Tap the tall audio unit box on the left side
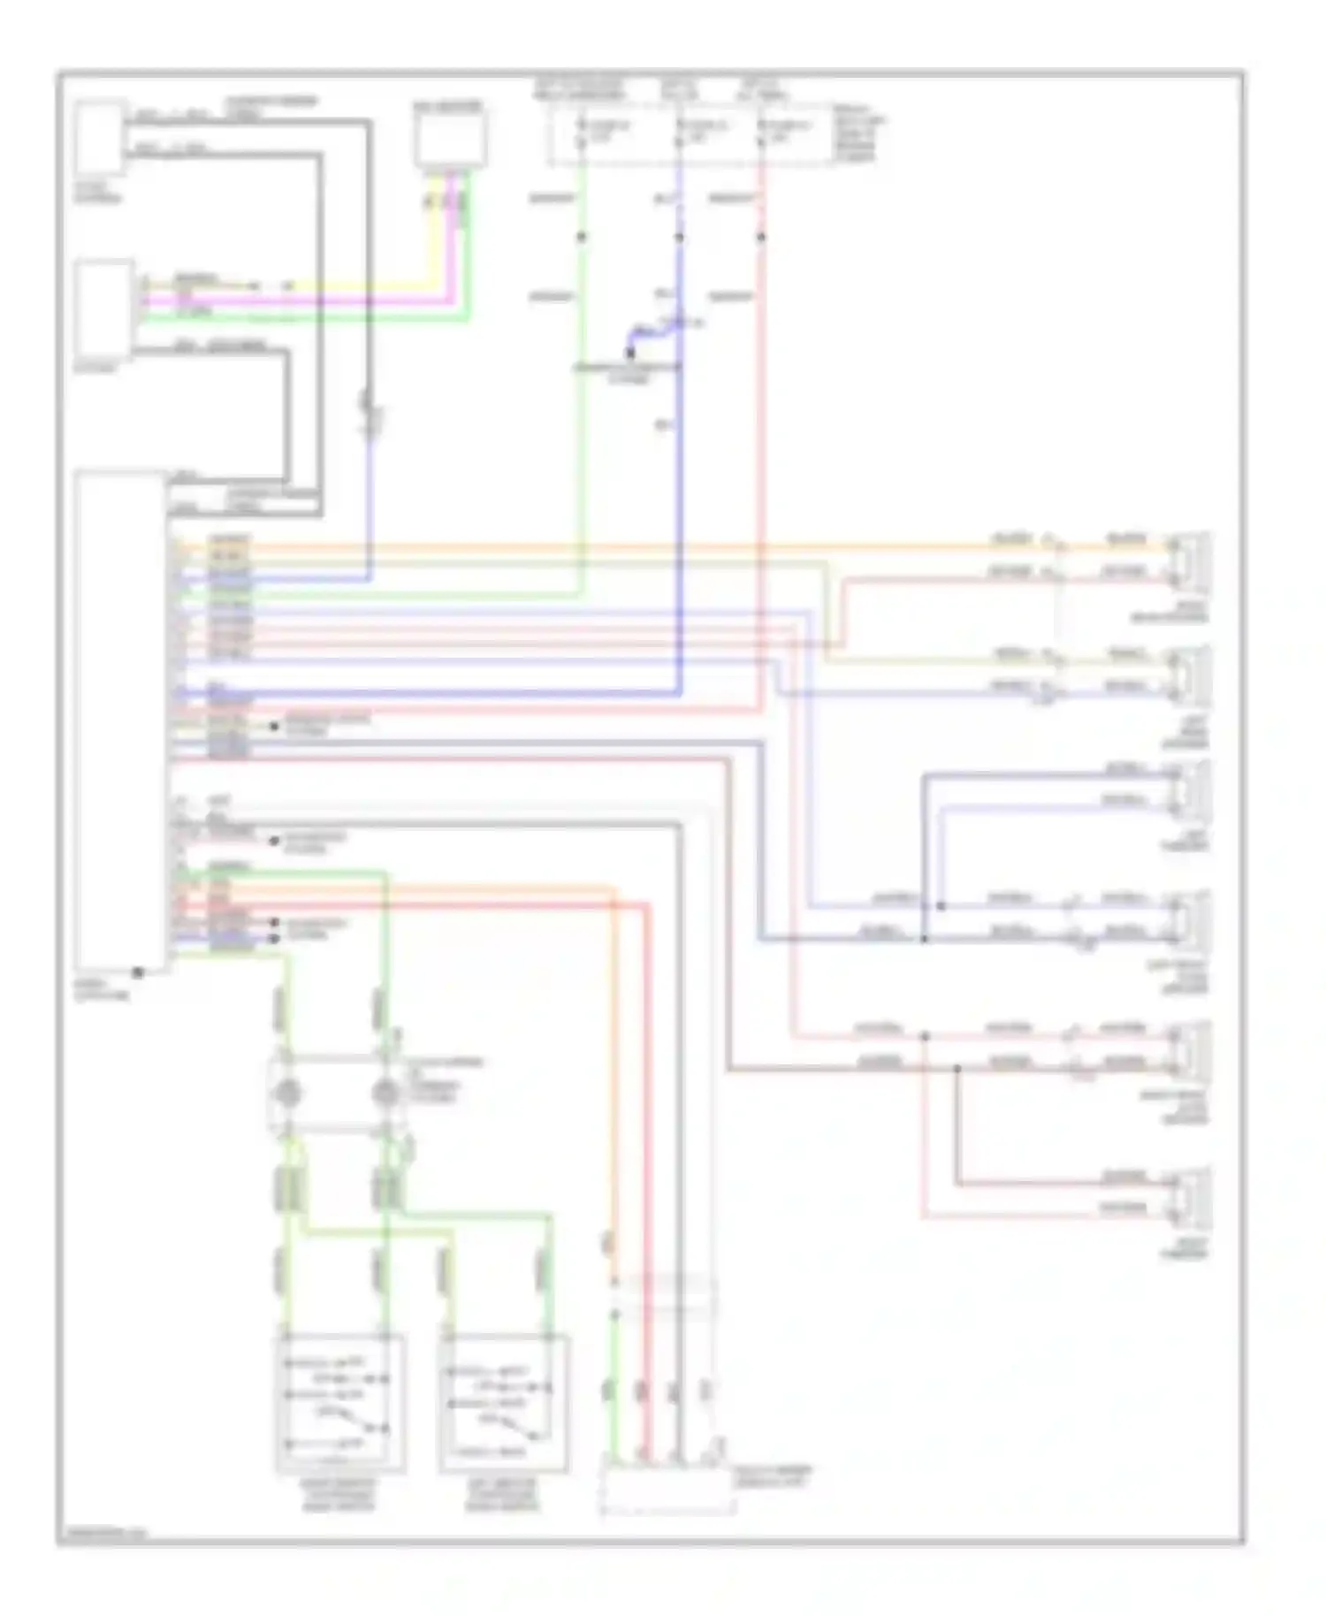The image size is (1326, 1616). coord(120,720)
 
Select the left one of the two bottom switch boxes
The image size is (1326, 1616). coord(340,1404)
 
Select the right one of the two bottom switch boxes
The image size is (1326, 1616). coord(503,1404)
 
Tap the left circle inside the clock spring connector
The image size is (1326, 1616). coord(286,1094)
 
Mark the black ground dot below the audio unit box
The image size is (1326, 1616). coord(138,972)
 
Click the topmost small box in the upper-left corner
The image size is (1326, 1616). coord(99,138)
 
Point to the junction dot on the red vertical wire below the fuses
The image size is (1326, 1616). coord(761,237)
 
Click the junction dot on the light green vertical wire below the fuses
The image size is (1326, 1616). coord(581,237)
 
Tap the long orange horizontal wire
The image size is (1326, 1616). coord(619,546)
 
